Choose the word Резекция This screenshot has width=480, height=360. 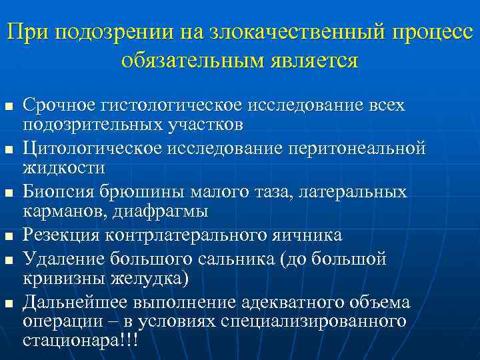pos(59,235)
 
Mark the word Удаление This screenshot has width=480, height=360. pos(59,257)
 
